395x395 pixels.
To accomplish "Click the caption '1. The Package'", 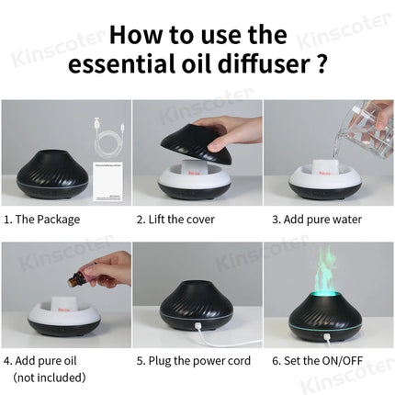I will [41, 220].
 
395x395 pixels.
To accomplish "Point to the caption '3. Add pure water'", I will [315, 220].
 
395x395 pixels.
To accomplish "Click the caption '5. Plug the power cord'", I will [192, 360].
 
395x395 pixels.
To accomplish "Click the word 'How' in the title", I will [140, 34].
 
